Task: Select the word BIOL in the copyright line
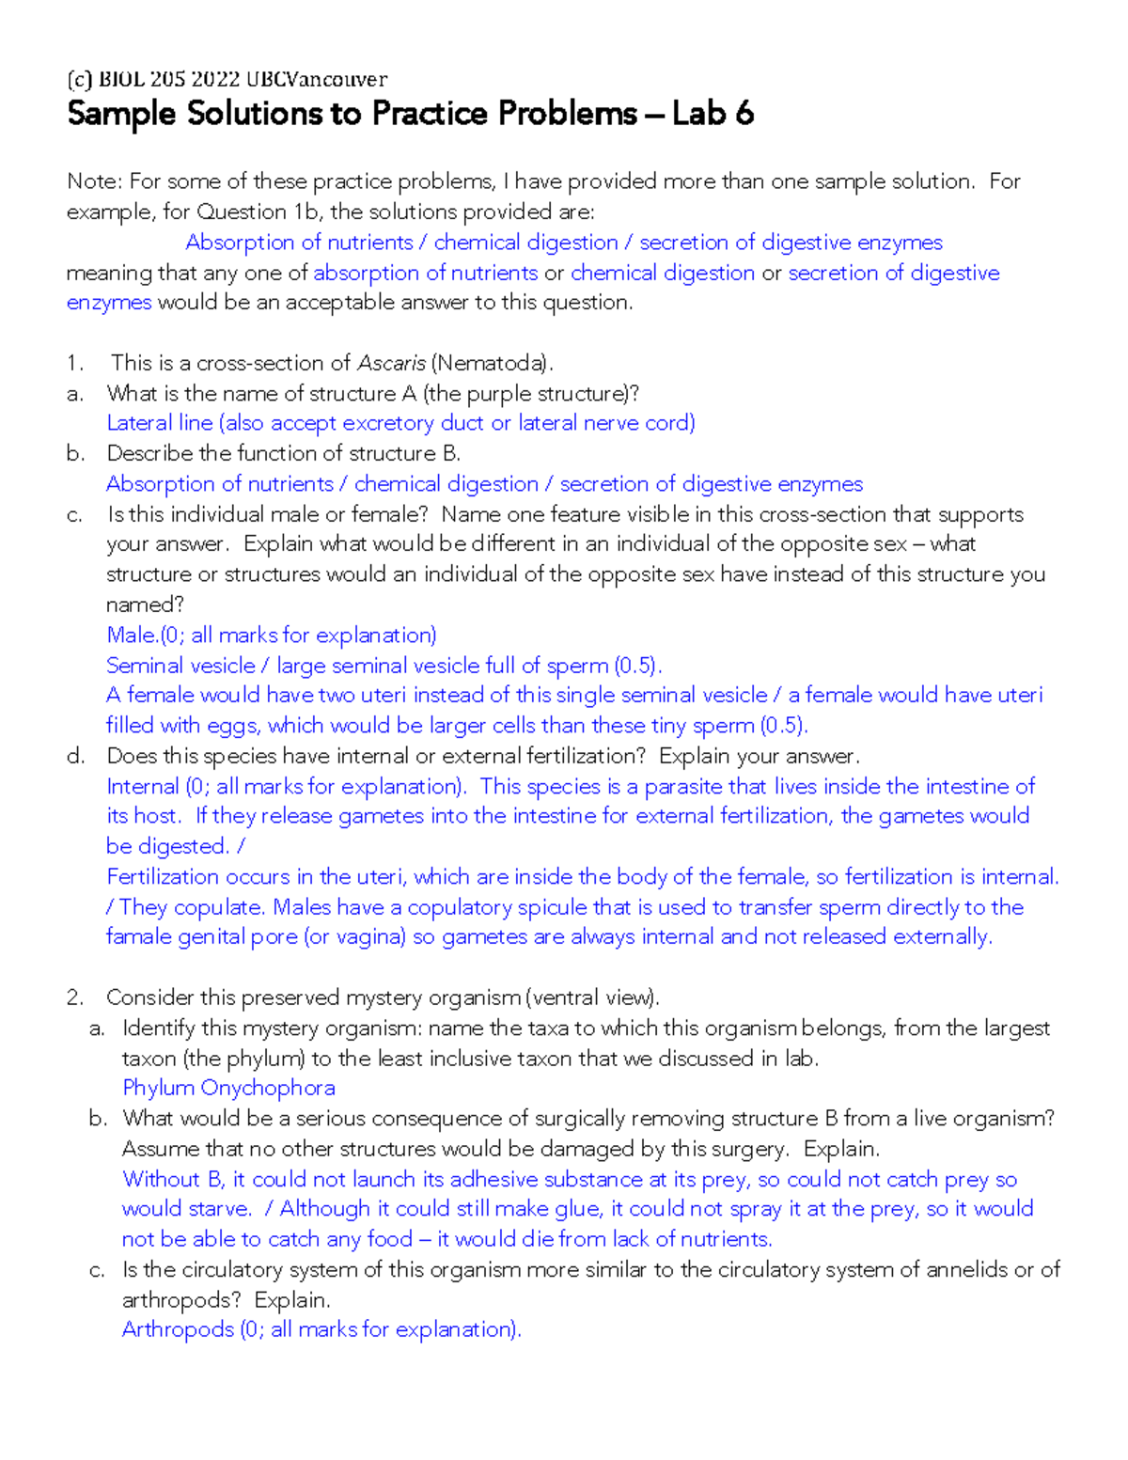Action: tap(120, 79)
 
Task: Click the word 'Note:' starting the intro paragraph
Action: tap(94, 181)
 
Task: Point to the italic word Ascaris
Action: tap(391, 363)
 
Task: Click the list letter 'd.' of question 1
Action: tap(76, 756)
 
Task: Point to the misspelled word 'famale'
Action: tap(138, 937)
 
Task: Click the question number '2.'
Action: tap(76, 997)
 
